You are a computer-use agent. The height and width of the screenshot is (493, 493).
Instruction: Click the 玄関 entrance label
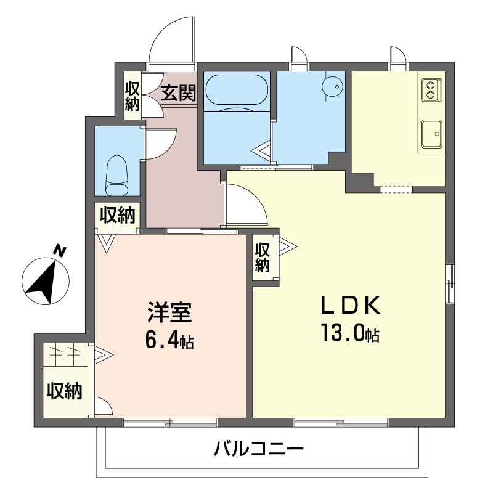click(179, 94)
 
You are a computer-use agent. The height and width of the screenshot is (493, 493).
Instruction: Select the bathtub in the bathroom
click(236, 92)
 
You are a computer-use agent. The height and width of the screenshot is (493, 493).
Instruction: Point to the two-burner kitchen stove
click(430, 90)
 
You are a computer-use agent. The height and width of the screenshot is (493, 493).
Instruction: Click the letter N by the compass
click(60, 251)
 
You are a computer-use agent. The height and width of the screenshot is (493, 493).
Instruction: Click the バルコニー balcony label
click(259, 449)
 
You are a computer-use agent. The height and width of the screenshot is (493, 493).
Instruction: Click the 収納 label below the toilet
click(117, 216)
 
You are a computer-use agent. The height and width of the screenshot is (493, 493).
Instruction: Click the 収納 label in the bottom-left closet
click(64, 391)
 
